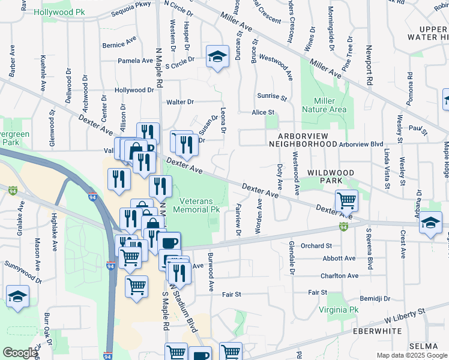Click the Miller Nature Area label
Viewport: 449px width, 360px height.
point(324,105)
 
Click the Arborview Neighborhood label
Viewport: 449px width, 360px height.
point(303,140)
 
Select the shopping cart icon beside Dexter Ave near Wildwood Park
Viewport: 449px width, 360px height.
point(346,200)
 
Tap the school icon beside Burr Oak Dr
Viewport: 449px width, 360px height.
point(17,296)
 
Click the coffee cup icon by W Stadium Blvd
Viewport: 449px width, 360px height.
point(169,242)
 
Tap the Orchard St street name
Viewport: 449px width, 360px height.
point(316,246)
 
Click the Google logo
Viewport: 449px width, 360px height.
point(20,353)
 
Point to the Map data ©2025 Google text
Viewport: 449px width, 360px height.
point(411,355)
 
